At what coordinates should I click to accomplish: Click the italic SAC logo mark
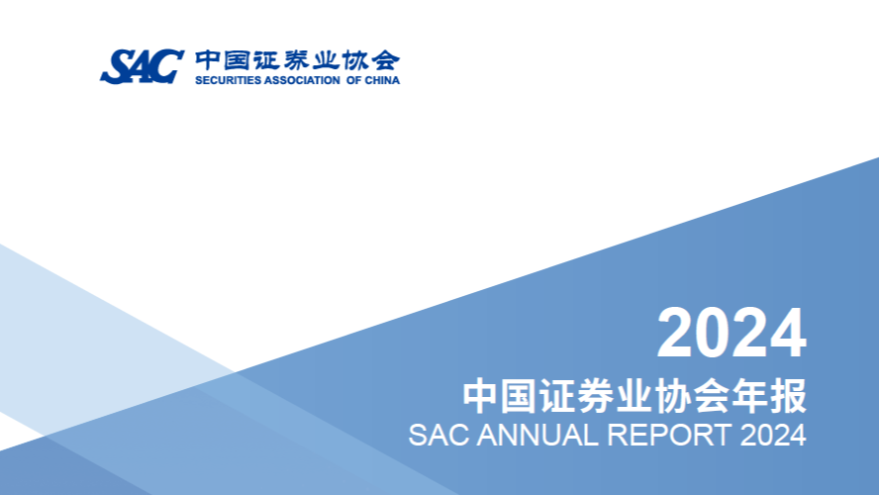coord(143,66)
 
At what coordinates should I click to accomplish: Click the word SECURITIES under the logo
coord(228,80)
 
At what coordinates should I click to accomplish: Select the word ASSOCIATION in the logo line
coord(302,80)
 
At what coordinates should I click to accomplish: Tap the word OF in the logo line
coord(353,80)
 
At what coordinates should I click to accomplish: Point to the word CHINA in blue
coord(382,80)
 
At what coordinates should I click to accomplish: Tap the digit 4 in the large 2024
coord(788,333)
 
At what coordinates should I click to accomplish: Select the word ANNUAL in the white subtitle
coord(537,435)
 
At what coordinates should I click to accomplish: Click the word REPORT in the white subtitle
coord(670,435)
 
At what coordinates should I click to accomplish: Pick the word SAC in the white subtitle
coord(439,435)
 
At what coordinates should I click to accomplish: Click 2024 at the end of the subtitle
coord(773,435)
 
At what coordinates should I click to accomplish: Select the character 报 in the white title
coord(788,396)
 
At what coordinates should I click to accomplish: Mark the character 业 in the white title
coord(635,396)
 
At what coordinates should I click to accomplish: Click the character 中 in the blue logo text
coord(207,60)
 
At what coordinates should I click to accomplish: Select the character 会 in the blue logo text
coord(386,60)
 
